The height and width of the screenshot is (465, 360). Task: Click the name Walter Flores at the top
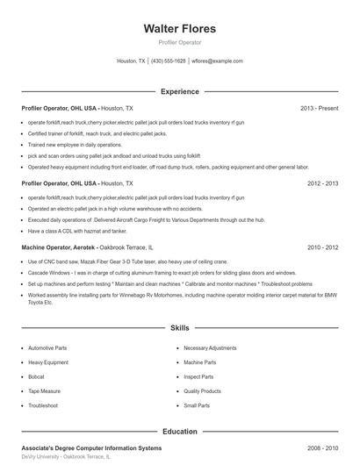pos(179,29)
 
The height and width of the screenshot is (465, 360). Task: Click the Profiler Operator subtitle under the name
pos(179,42)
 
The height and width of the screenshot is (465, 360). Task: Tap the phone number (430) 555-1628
pos(169,61)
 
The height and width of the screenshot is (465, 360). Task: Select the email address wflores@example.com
pos(217,61)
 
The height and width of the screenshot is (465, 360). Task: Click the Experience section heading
pos(179,91)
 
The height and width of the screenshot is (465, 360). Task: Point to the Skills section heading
pos(179,327)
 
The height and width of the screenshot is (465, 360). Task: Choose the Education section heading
pos(179,432)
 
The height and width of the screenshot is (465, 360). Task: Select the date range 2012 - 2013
pos(322,183)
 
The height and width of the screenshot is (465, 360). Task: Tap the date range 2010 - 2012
pos(322,247)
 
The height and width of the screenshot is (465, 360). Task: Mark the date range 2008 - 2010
pos(322,448)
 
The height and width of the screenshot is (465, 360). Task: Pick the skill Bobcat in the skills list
pos(38,376)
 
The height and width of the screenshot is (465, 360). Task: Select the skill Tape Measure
pos(45,390)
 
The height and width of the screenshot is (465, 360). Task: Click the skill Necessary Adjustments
pos(210,347)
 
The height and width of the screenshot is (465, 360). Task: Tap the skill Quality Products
pos(202,390)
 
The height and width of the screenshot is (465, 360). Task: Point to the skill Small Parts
pos(197,405)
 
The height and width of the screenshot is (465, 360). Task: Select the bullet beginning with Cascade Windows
pos(132,273)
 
